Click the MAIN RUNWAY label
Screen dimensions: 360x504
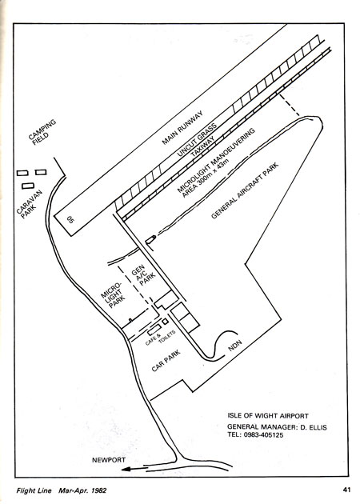pyautogui.click(x=182, y=128)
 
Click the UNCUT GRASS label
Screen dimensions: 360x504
pyautogui.click(x=198, y=140)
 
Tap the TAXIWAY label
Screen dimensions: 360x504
pyautogui.click(x=202, y=148)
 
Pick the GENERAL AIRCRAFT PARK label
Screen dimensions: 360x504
pyautogui.click(x=245, y=191)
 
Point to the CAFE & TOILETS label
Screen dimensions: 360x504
pyautogui.click(x=161, y=337)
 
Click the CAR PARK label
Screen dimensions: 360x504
pyautogui.click(x=166, y=361)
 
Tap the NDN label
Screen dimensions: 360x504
pyautogui.click(x=234, y=344)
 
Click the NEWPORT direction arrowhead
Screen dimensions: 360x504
pyautogui.click(x=126, y=470)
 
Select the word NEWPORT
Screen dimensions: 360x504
pyautogui.click(x=109, y=460)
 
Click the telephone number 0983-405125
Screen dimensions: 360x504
pyautogui.click(x=262, y=435)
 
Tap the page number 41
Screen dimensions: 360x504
pyautogui.click(x=346, y=490)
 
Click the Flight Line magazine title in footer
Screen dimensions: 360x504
pyautogui.click(x=34, y=490)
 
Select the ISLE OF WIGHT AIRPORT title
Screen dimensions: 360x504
pyautogui.click(x=268, y=416)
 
